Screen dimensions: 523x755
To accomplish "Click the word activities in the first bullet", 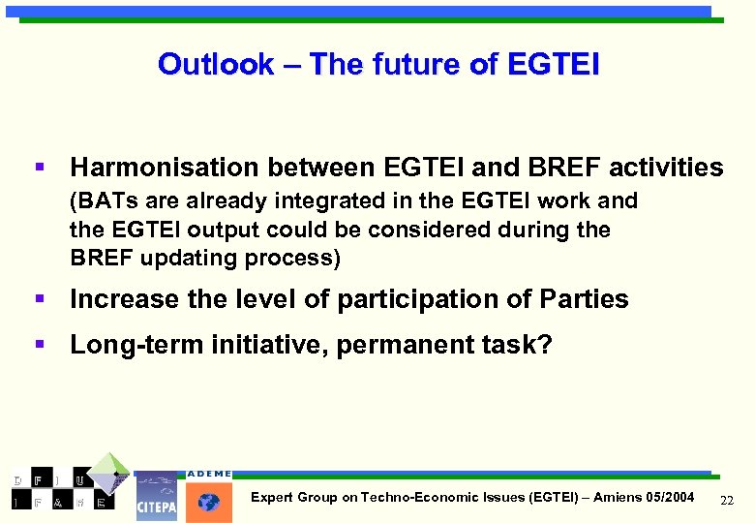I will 666,168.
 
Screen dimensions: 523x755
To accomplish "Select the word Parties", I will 585,300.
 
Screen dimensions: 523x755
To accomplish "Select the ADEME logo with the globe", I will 208,497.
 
